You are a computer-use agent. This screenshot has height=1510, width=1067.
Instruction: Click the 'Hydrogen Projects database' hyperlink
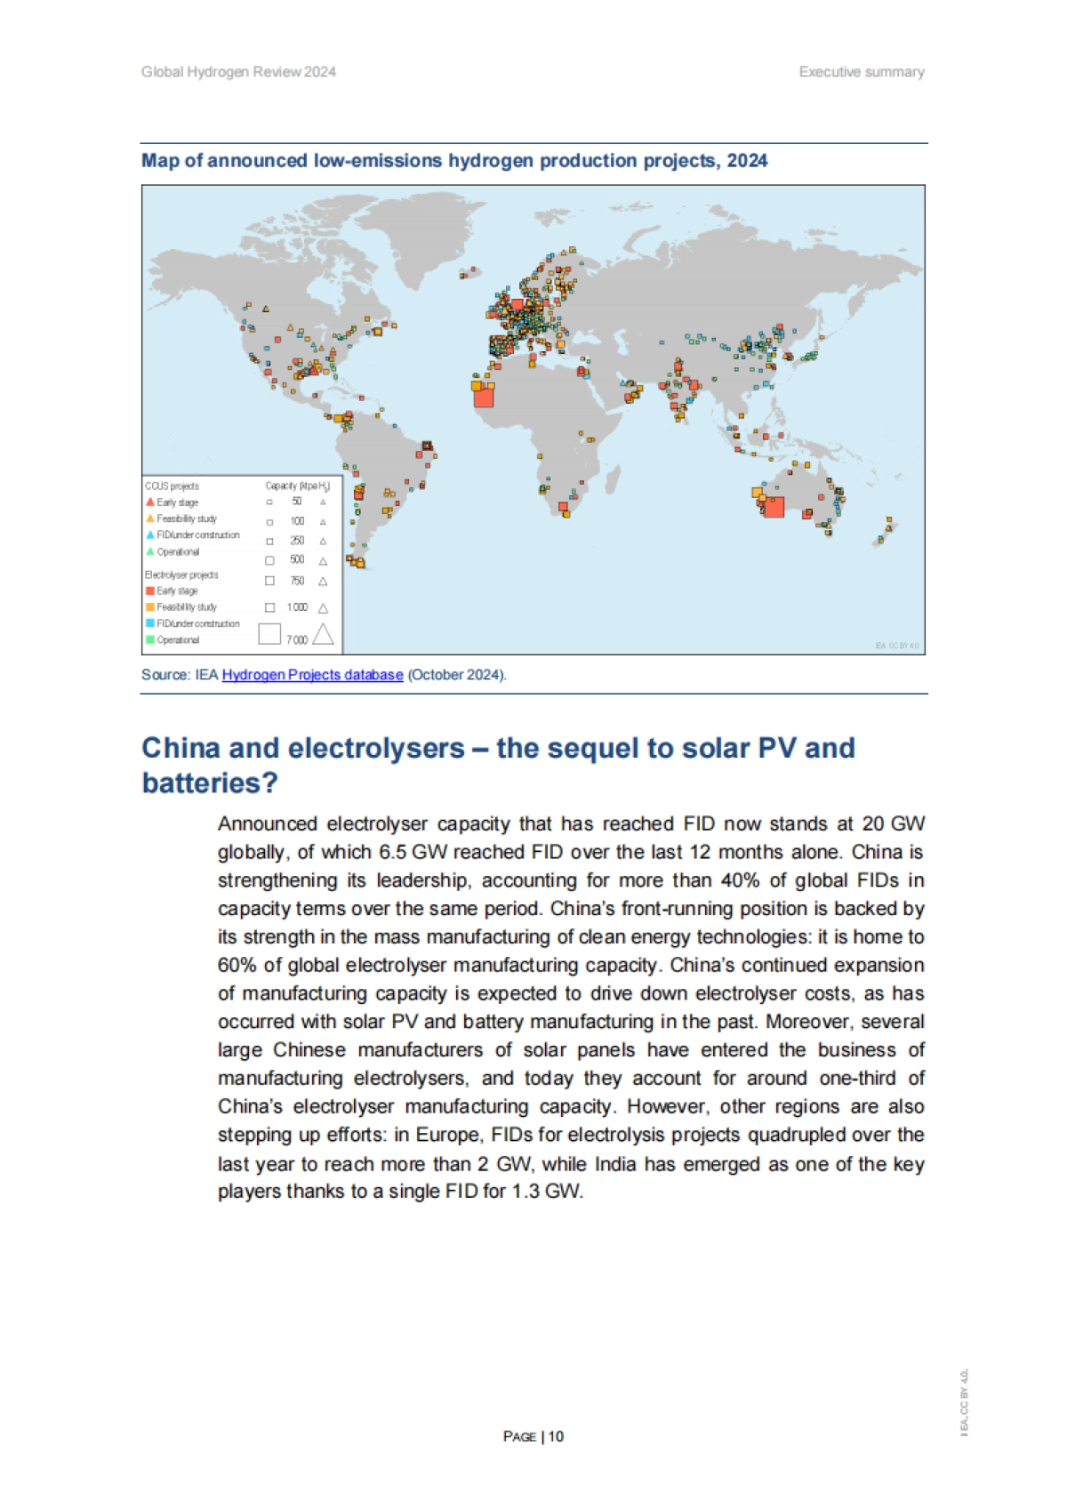click(312, 675)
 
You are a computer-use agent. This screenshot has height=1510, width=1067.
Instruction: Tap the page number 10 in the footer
click(556, 1436)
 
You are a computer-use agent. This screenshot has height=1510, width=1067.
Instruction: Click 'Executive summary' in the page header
click(861, 72)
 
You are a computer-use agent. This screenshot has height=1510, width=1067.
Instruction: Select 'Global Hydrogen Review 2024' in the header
click(238, 72)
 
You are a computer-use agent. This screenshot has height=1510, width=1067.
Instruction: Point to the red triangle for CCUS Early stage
click(150, 502)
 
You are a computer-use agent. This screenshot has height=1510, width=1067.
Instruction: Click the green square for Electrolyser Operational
click(150, 639)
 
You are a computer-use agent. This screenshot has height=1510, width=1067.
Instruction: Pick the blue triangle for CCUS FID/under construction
click(150, 535)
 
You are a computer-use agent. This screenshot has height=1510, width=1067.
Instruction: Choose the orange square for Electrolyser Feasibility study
click(150, 606)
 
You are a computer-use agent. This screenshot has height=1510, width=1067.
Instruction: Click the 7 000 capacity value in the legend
click(297, 639)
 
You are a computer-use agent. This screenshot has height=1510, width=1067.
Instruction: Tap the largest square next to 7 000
click(269, 633)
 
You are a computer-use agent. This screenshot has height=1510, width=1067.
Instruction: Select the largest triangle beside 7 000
click(323, 634)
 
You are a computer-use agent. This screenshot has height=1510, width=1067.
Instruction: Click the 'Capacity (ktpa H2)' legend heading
click(297, 486)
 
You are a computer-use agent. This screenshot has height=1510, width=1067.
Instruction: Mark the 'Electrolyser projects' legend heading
click(181, 574)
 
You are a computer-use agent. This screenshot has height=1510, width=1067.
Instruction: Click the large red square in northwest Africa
click(484, 397)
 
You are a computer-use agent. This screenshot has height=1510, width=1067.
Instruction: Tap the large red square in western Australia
click(774, 507)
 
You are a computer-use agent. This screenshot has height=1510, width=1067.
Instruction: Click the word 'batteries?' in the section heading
click(210, 783)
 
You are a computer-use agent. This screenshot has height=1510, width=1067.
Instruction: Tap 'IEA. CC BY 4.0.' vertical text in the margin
click(964, 1402)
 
